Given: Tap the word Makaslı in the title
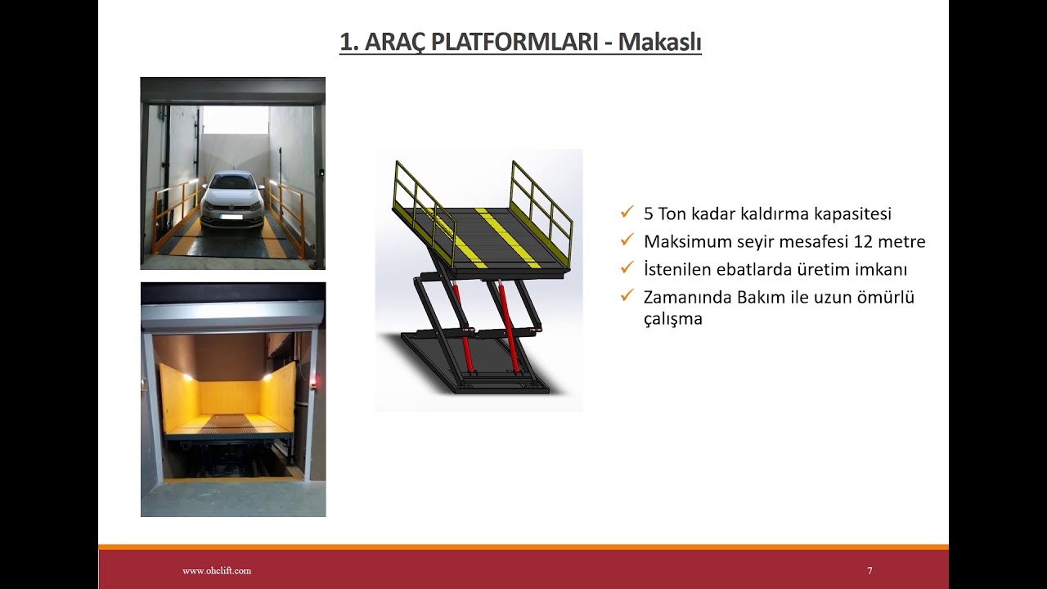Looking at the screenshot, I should (x=659, y=43).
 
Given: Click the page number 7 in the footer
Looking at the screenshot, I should (x=870, y=571).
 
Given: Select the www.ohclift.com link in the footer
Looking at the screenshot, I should (x=217, y=571).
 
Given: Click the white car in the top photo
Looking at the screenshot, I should (x=232, y=201).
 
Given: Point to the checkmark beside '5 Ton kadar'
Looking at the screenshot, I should (x=627, y=213).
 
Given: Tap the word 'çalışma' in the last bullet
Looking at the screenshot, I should (x=672, y=319).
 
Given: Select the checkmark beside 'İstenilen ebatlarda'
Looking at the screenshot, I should (x=627, y=268).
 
